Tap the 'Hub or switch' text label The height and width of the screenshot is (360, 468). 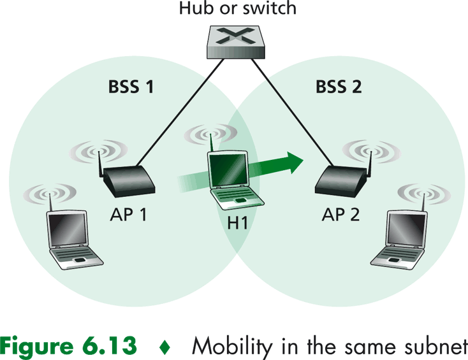[x=238, y=10]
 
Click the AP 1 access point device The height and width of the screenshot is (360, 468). [x=129, y=180]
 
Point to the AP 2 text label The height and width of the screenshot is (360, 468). [x=340, y=215]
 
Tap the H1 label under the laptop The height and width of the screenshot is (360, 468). [x=238, y=224]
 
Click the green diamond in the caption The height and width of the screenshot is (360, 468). [x=165, y=346]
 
